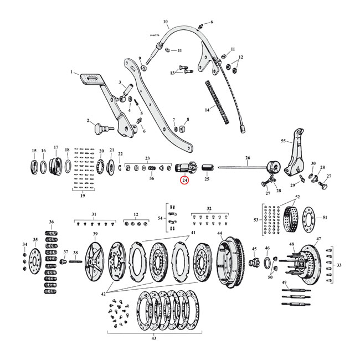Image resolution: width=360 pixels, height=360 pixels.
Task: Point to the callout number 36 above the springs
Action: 52,222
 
